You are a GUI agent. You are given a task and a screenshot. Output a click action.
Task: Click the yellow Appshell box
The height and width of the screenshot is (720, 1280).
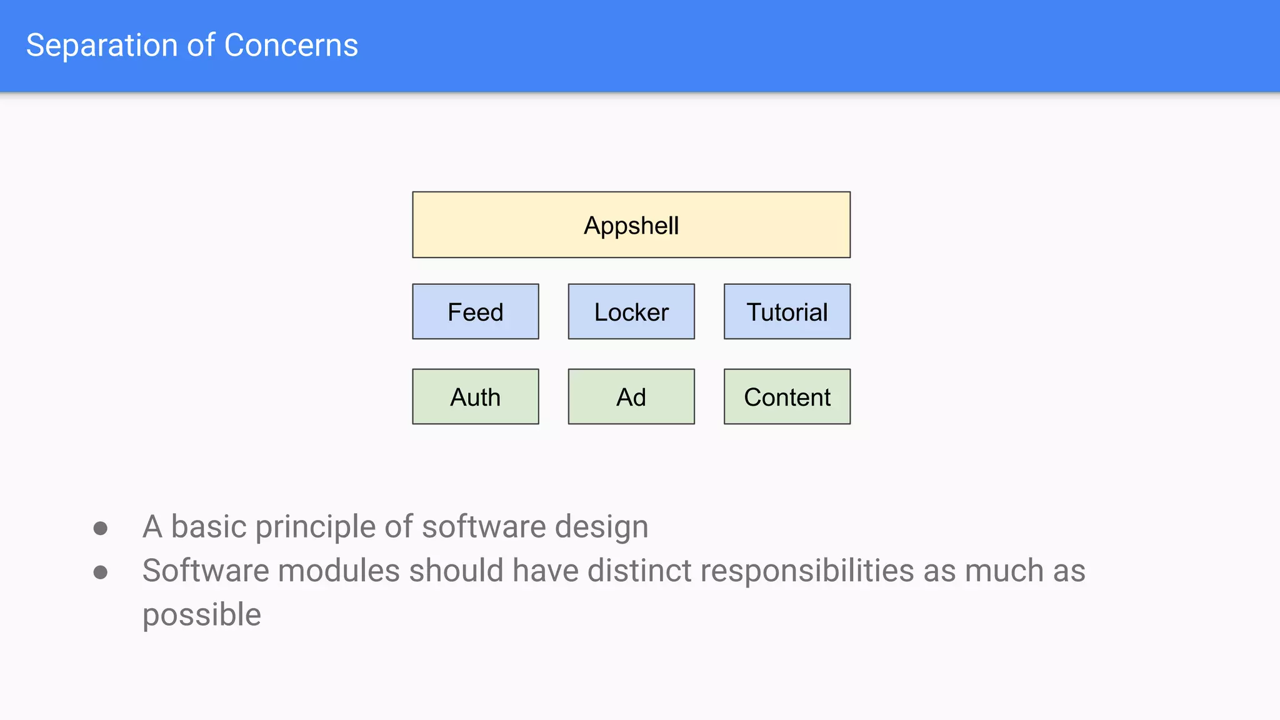[631, 225]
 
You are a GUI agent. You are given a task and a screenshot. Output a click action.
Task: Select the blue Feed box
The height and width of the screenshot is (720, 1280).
[475, 312]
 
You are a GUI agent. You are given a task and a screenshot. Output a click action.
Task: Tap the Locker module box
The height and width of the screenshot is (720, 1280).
[631, 312]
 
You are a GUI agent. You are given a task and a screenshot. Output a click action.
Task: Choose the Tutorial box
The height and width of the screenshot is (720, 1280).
[787, 312]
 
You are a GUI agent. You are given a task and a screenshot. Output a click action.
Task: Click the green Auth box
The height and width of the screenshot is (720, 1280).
[475, 397]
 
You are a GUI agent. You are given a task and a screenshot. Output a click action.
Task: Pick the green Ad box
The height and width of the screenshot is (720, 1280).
[631, 397]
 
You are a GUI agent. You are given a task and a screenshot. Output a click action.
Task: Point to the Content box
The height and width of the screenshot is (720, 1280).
[787, 397]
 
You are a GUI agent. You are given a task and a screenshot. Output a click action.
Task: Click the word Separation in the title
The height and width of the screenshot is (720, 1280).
[102, 46]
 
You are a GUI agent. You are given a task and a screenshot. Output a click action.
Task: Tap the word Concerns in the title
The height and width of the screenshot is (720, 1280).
[291, 46]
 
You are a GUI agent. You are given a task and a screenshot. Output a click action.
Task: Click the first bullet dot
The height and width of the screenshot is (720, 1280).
[100, 529]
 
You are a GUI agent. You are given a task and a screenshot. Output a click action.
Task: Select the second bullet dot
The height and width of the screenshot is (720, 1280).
[100, 572]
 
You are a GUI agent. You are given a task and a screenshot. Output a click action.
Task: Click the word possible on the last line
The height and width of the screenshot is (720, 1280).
[201, 615]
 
